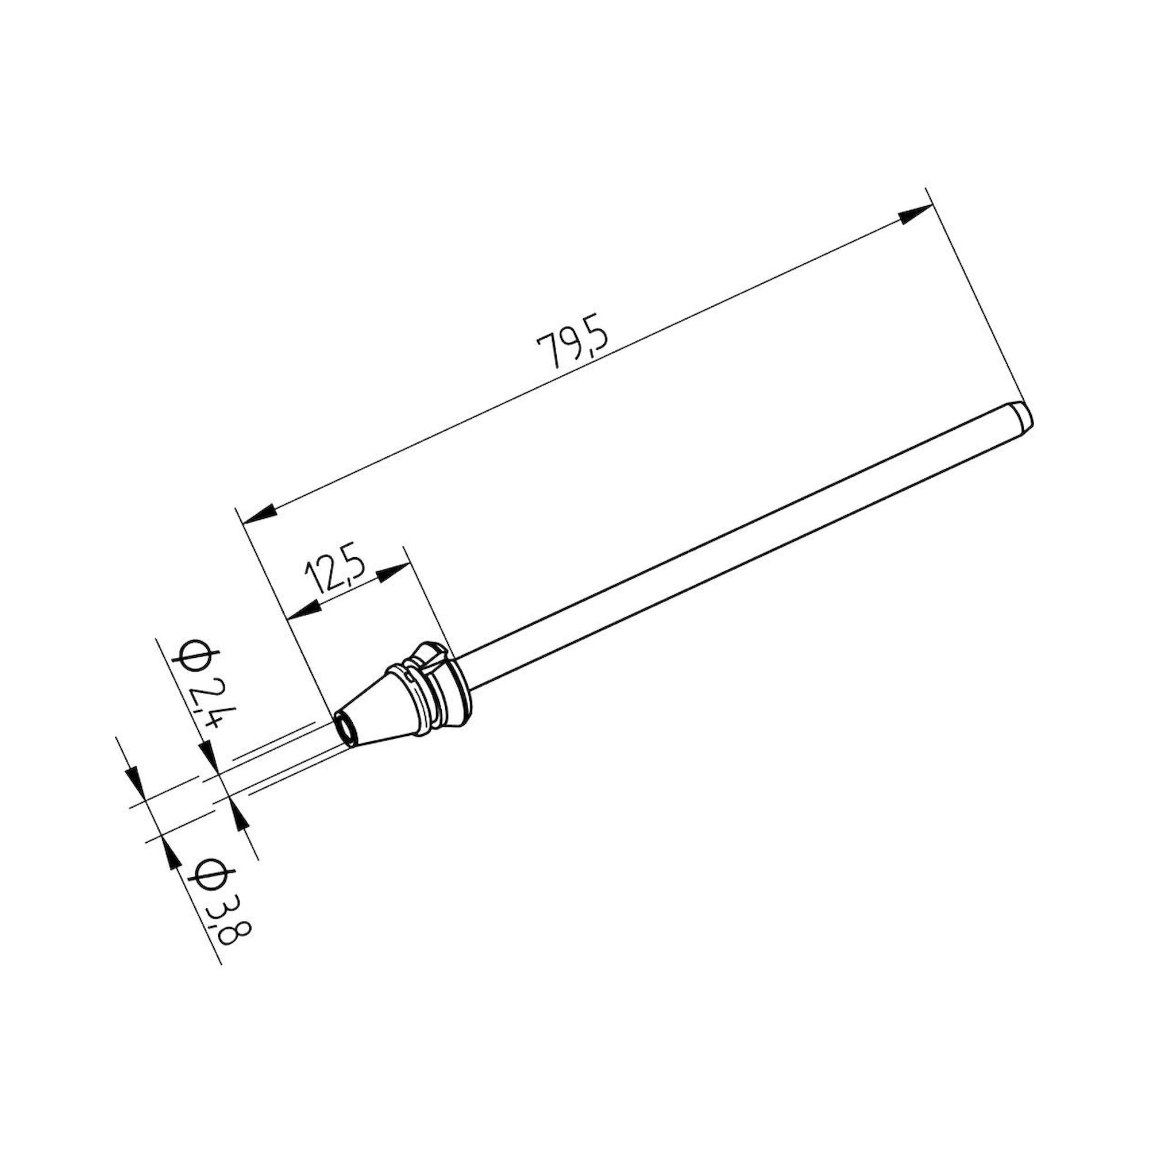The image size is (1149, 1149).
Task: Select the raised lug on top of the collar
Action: point(433,654)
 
